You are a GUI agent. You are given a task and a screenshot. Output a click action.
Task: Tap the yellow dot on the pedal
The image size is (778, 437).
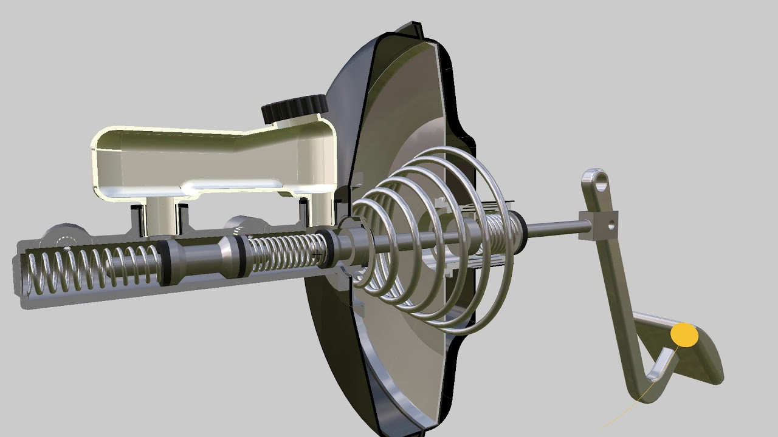pos(684,336)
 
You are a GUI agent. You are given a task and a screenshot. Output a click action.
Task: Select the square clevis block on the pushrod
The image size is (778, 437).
pos(599,226)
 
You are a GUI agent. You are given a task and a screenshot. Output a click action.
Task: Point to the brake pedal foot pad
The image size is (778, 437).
pos(699,358)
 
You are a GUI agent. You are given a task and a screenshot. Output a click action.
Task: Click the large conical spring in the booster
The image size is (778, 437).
pos(425,243)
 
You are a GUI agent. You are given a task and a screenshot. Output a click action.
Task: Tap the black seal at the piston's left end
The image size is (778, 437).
pos(163,262)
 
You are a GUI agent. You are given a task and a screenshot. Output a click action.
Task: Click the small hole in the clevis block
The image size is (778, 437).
pos(611,226)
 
